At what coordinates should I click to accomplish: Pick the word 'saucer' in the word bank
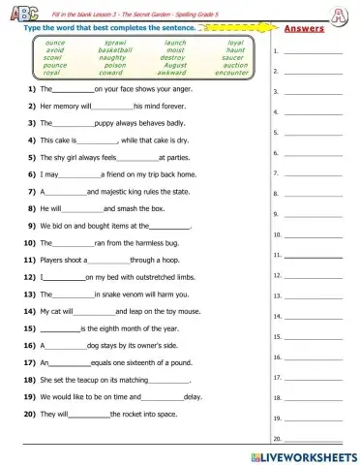235,58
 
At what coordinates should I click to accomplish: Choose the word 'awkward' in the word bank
175,73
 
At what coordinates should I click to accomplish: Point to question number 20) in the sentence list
32,415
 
